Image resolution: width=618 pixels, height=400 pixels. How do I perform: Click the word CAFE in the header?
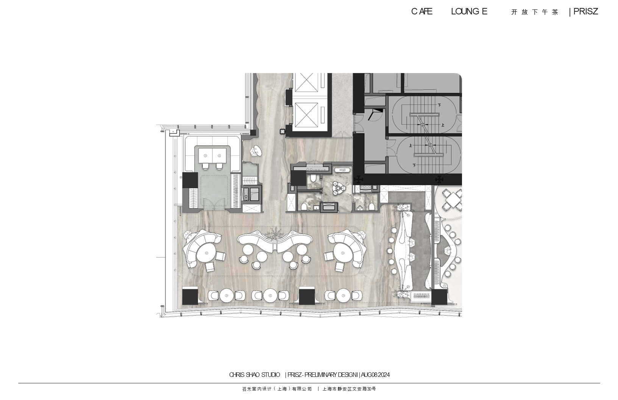422,12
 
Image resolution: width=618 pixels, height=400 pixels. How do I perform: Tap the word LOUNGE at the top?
469,12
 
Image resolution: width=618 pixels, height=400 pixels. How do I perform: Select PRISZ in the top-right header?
586,12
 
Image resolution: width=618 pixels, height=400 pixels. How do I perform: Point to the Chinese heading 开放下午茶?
535,12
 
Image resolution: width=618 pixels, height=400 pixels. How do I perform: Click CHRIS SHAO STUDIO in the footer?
254,375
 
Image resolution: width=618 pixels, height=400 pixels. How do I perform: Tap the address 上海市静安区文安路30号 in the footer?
349,389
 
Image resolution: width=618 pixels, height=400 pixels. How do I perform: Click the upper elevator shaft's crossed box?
306,82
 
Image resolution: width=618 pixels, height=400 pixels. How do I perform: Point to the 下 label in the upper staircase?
439,105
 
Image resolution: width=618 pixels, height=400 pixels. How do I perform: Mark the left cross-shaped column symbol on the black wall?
359,180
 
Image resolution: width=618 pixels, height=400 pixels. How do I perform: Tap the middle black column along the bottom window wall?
307,296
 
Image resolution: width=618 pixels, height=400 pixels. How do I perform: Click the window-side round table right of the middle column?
343,296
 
